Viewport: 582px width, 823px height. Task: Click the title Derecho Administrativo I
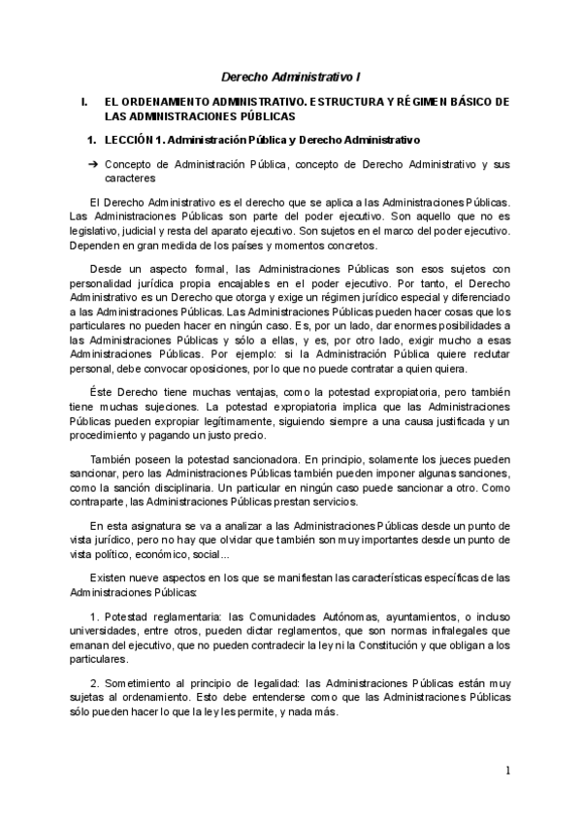click(291, 75)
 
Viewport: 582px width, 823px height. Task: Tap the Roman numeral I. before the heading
click(85, 101)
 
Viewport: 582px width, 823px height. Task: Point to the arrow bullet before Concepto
click(93, 165)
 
